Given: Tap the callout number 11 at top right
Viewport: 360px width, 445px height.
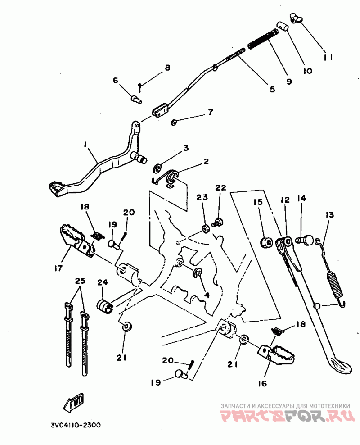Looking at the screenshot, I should [x=328, y=57].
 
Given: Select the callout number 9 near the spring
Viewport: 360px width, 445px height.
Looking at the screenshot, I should [x=289, y=82].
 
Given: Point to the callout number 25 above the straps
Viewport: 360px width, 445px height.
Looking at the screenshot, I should [x=80, y=281].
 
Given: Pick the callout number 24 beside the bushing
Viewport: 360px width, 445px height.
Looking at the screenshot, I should [x=103, y=282].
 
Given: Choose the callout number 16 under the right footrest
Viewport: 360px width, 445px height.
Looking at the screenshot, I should [x=262, y=383].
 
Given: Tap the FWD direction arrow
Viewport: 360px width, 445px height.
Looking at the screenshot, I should [x=75, y=403].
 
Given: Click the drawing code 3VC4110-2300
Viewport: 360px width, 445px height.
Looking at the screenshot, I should [x=75, y=425].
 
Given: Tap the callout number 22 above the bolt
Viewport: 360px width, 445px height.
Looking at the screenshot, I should [x=220, y=187].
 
